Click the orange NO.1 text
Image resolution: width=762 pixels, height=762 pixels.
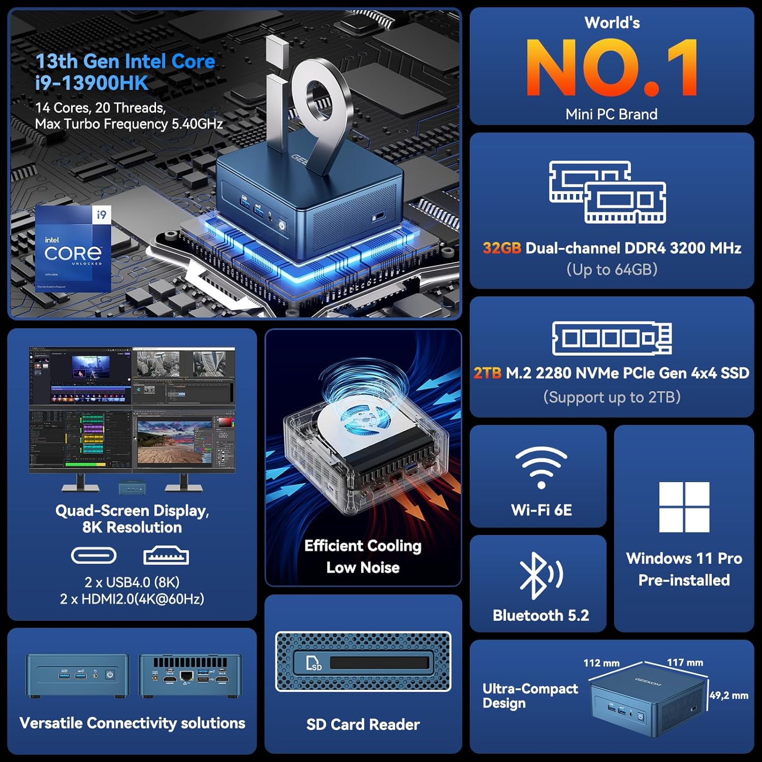(x=612, y=68)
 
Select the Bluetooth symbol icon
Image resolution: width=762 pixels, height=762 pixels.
(x=540, y=575)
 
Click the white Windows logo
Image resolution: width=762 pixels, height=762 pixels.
(x=684, y=507)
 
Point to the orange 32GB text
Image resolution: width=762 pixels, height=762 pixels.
(x=502, y=248)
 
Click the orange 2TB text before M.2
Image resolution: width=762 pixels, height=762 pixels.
(x=487, y=373)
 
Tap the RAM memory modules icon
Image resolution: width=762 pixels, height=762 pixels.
(x=608, y=193)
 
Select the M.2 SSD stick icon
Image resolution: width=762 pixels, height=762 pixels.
(x=612, y=338)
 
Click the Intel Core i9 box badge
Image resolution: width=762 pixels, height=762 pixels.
(x=73, y=249)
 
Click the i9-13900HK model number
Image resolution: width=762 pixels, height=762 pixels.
(x=92, y=83)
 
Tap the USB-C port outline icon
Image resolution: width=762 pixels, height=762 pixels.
(x=93, y=556)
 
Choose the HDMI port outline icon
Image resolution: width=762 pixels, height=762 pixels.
(x=166, y=556)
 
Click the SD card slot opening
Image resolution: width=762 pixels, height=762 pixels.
(x=379, y=662)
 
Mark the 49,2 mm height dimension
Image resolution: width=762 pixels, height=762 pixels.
(x=728, y=695)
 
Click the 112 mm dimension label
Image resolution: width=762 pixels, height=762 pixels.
(x=601, y=663)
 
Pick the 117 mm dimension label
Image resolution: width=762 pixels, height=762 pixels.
(x=685, y=662)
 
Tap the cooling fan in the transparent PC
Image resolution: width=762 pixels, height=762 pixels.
(x=362, y=420)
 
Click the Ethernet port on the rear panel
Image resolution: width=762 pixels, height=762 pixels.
(x=186, y=676)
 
